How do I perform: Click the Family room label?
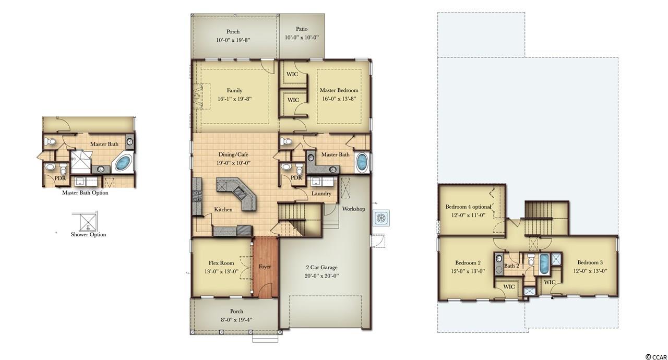[x=234, y=90]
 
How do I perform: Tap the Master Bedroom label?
[x=339, y=90]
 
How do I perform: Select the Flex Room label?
[x=221, y=263]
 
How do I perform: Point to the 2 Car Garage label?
[x=321, y=267]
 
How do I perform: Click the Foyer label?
[x=265, y=267]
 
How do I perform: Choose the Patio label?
[x=302, y=29]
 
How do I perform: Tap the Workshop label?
[x=353, y=209]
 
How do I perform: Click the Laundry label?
[x=321, y=194]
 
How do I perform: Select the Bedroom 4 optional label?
[x=468, y=207]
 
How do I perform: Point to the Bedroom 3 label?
[x=590, y=262]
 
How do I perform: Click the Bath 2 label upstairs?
[x=511, y=266]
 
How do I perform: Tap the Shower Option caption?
[x=88, y=235]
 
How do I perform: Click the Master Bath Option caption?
[x=85, y=193]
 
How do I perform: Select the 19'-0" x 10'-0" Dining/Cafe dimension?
[x=233, y=163]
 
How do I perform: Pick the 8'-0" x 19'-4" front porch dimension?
[x=236, y=320]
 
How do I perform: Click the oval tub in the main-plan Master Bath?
[x=362, y=162]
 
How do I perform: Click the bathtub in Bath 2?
[x=544, y=264]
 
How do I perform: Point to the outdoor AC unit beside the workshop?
[x=381, y=218]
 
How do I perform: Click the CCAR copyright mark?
[x=656, y=357]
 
